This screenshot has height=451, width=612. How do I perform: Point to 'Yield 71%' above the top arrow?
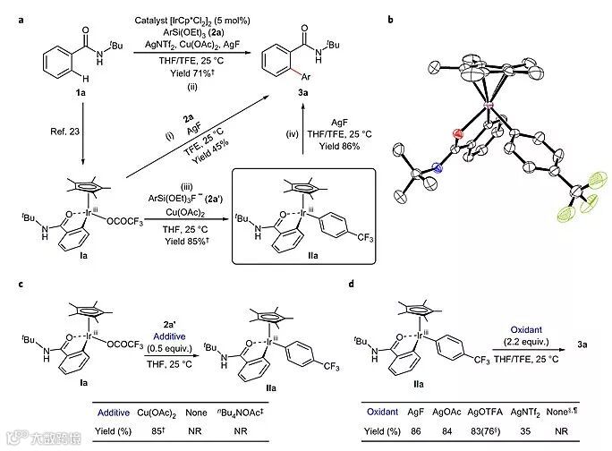[190, 72]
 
